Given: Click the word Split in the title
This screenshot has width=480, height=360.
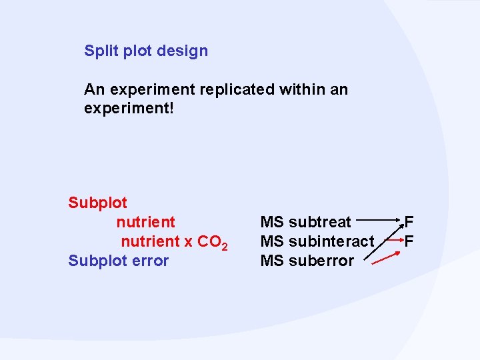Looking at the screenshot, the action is click(99, 51).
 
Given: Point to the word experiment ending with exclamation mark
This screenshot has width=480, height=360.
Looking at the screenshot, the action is click(129, 107).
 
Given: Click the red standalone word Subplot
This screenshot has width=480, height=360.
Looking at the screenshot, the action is click(97, 202).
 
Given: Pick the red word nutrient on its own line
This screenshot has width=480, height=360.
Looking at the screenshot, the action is click(145, 221).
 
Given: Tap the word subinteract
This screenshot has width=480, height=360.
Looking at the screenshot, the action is click(331, 241).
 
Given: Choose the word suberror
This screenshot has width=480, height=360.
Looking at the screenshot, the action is click(321, 261).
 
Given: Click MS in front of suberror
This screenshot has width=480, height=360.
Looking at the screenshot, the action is click(272, 261).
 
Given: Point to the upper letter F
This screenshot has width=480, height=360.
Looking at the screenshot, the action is click(409, 221).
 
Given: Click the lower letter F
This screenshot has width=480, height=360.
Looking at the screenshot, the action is click(409, 241).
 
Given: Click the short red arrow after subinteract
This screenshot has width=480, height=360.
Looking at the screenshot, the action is click(394, 237).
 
